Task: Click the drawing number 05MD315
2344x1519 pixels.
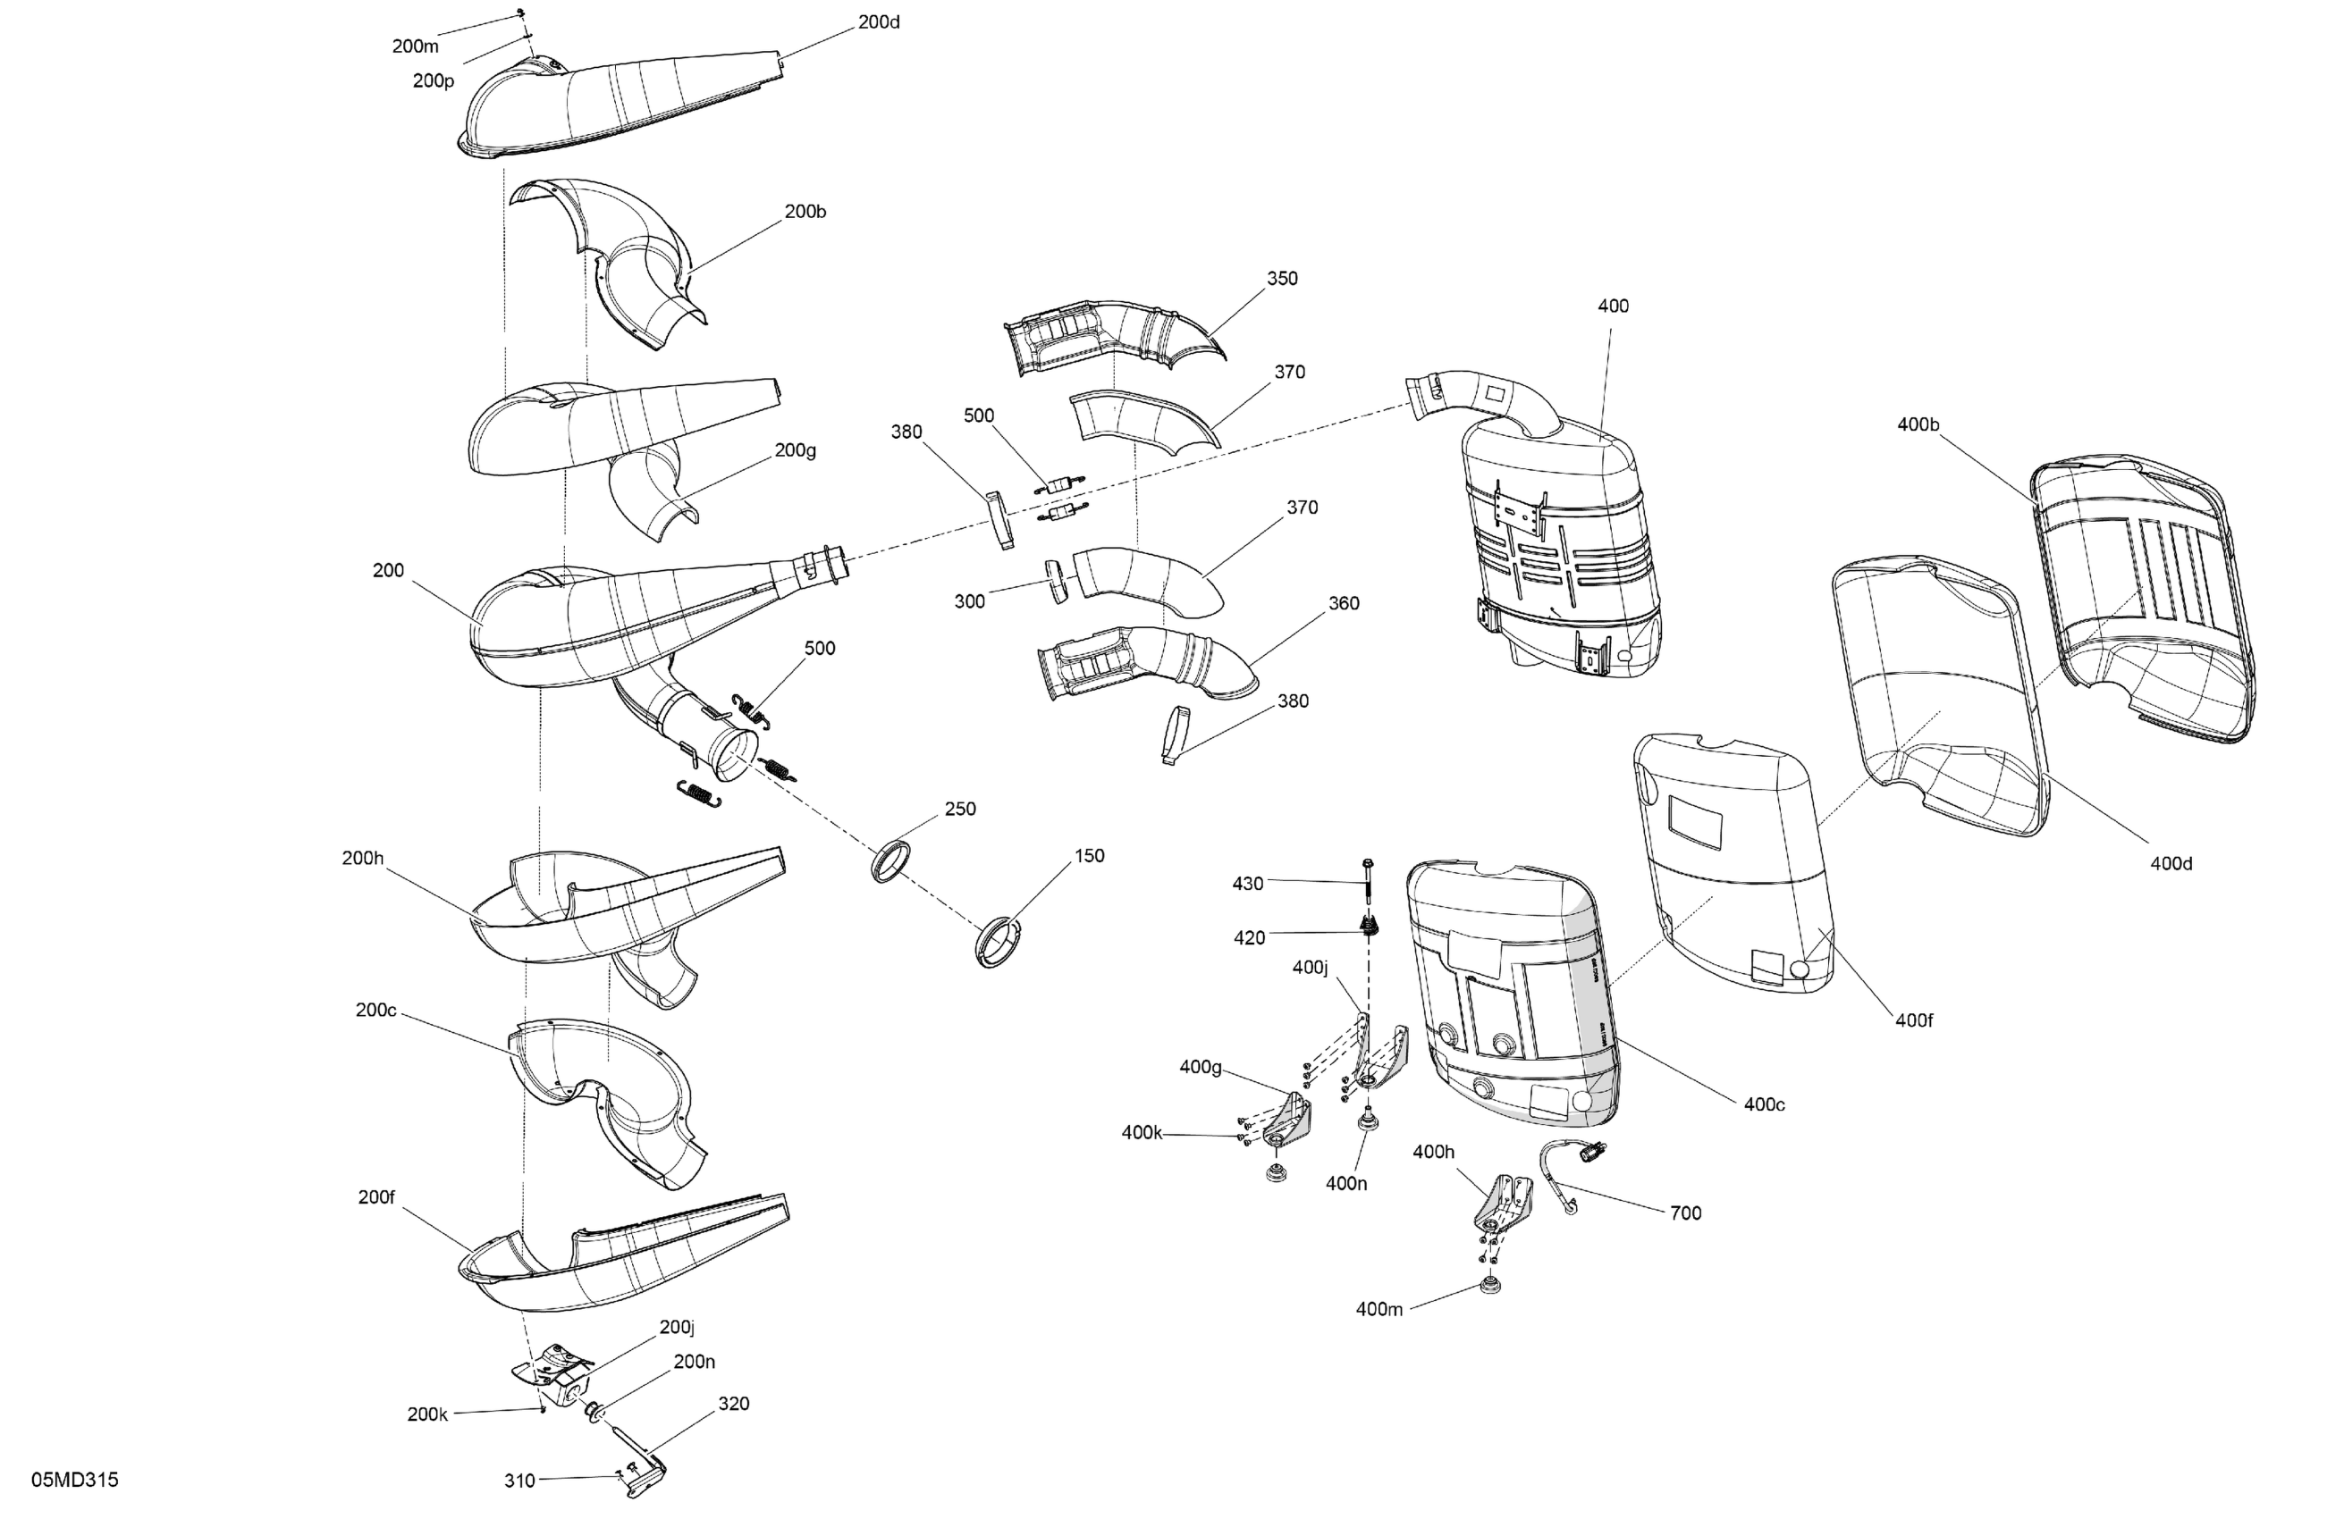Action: (75, 1480)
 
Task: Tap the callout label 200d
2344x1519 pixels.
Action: (879, 21)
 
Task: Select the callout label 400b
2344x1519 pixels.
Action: (1918, 424)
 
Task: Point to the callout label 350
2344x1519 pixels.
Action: (1281, 279)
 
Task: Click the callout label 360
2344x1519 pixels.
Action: (1344, 603)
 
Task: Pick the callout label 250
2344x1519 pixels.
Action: (959, 809)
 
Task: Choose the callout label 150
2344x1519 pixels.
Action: (1088, 855)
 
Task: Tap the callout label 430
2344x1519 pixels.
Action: (1247, 883)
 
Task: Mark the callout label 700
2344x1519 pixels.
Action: (1685, 1213)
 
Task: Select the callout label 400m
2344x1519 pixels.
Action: (1379, 1308)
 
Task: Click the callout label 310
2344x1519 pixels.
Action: (519, 1480)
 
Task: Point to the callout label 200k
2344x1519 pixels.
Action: (427, 1414)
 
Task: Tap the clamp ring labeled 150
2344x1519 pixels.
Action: (998, 942)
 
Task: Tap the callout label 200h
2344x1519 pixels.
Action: (362, 858)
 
